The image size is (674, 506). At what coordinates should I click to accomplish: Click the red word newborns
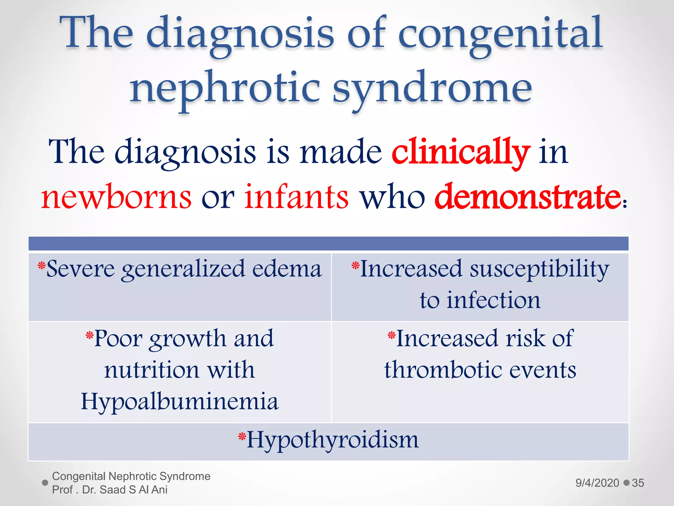pyautogui.click(x=116, y=197)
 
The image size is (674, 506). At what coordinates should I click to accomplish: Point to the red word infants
pyautogui.click(x=296, y=197)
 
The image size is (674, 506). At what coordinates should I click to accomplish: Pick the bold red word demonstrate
pyautogui.click(x=528, y=197)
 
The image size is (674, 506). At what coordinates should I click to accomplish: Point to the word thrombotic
pyautogui.click(x=443, y=370)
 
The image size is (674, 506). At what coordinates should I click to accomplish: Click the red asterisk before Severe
pyautogui.click(x=41, y=265)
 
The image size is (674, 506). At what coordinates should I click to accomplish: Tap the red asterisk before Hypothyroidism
pyautogui.click(x=242, y=436)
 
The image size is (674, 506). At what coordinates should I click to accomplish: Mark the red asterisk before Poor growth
pyautogui.click(x=90, y=335)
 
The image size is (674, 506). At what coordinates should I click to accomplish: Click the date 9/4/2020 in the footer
pyautogui.click(x=597, y=483)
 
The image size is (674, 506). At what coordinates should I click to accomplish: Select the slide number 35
pyautogui.click(x=638, y=483)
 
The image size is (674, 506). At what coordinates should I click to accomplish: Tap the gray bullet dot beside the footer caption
pyautogui.click(x=45, y=483)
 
